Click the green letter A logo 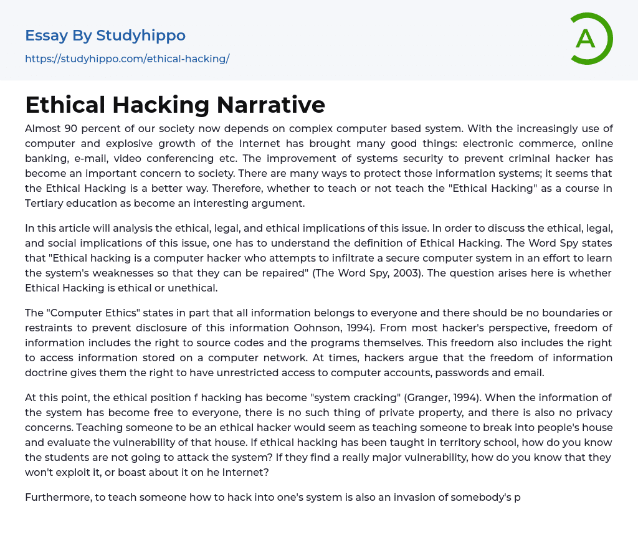(588, 39)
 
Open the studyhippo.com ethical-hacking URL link (127, 59)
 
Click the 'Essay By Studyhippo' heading (105, 36)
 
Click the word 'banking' (46, 158)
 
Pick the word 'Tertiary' (47, 203)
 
